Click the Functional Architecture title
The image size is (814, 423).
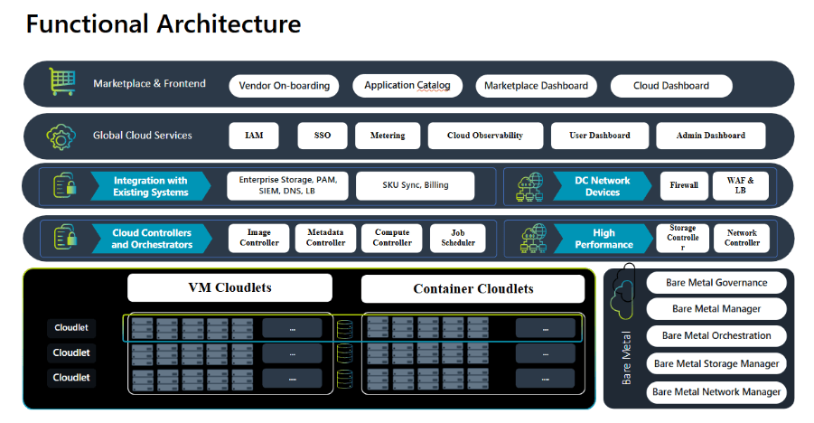[163, 23]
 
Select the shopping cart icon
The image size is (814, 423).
[61, 84]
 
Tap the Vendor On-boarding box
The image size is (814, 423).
[284, 86]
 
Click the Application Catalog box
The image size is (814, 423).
[407, 86]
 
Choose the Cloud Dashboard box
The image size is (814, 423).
[670, 86]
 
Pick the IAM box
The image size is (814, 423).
[254, 136]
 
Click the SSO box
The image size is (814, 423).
[323, 136]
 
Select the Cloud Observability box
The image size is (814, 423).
[485, 136]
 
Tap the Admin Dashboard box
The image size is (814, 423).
[710, 136]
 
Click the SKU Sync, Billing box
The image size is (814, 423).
[415, 185]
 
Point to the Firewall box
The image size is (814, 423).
[683, 185]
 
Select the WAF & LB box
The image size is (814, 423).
[739, 185]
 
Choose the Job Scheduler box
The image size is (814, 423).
[457, 238]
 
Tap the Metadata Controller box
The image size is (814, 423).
[325, 238]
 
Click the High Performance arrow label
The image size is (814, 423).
[603, 239]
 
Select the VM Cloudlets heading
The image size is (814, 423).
[229, 287]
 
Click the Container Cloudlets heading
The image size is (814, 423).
[472, 289]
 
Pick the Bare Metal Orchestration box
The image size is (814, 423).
[716, 335]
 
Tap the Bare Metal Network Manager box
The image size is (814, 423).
[716, 391]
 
